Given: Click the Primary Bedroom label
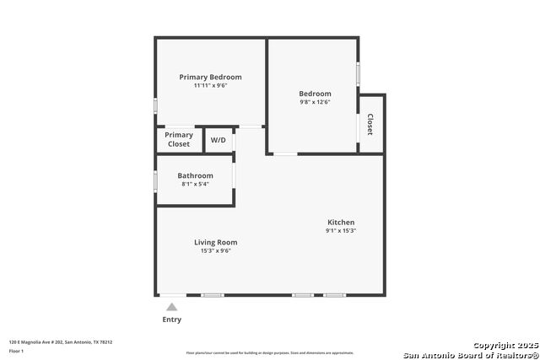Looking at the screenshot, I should (210, 77).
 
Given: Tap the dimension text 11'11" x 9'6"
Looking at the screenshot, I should (210, 85).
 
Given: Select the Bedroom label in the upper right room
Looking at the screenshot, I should (315, 94).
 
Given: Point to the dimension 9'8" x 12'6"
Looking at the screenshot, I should (315, 102).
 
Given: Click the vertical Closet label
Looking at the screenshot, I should (370, 125).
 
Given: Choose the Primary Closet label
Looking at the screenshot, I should (179, 139).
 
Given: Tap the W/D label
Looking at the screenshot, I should (218, 139).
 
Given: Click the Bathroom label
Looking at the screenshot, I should (195, 175).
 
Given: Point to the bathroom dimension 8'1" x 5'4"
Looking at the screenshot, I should (194, 184).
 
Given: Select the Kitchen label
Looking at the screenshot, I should (341, 223).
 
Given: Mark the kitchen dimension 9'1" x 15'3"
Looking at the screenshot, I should (341, 231).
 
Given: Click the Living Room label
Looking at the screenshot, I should (216, 242).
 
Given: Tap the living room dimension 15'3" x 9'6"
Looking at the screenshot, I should (216, 250).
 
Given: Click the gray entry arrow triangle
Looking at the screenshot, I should (171, 307).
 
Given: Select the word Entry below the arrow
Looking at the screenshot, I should (171, 320).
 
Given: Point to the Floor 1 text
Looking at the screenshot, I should (17, 351).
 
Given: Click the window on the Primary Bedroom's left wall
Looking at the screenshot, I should (155, 106).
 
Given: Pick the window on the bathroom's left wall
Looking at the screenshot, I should (155, 181).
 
